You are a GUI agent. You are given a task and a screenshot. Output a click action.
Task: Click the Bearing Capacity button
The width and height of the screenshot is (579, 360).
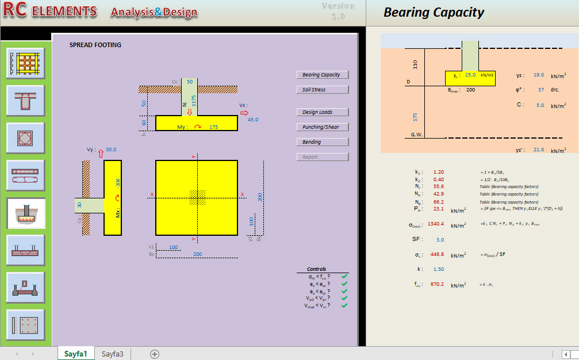tap(322, 75)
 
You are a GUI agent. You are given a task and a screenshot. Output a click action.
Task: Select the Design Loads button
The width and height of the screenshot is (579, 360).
tap(322, 112)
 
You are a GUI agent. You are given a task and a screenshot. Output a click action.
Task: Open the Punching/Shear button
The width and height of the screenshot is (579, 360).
tap(322, 127)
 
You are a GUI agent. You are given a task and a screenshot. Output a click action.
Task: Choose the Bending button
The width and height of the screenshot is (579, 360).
tap(322, 142)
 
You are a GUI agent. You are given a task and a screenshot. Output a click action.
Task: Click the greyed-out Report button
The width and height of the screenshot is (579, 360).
tap(322, 157)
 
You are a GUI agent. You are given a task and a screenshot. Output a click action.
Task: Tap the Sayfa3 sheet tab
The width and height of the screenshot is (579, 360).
tap(113, 354)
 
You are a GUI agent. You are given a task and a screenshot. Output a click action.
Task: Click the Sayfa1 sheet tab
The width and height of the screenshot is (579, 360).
tap(76, 354)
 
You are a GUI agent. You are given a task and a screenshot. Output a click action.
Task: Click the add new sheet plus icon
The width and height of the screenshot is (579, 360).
tap(154, 354)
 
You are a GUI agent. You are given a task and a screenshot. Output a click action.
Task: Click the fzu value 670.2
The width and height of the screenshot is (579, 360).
tap(436, 284)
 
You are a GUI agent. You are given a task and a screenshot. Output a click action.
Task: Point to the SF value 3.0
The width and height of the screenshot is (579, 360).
tap(439, 240)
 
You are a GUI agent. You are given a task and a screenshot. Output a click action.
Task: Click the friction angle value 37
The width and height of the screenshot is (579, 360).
tap(540, 90)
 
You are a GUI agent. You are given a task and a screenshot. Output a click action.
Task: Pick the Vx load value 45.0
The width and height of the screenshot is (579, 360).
tap(253, 120)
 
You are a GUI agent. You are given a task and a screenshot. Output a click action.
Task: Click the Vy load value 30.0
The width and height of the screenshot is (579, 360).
tap(111, 150)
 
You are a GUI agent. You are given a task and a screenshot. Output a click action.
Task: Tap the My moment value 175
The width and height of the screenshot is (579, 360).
tap(214, 127)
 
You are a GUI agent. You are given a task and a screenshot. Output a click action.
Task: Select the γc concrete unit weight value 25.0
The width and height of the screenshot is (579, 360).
tap(470, 75)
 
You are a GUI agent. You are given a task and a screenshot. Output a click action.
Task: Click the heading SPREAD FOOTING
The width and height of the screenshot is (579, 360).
tap(95, 45)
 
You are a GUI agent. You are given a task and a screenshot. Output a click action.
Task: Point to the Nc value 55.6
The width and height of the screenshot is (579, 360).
tap(439, 187)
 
